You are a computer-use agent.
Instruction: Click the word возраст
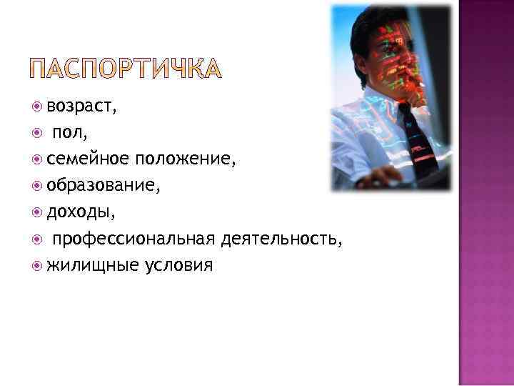[x=81, y=108]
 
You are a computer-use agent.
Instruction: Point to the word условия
[x=178, y=266]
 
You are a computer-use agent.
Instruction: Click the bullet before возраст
[x=38, y=108]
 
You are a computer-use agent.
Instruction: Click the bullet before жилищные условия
[x=38, y=266]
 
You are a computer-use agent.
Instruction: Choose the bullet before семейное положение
[x=38, y=161]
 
